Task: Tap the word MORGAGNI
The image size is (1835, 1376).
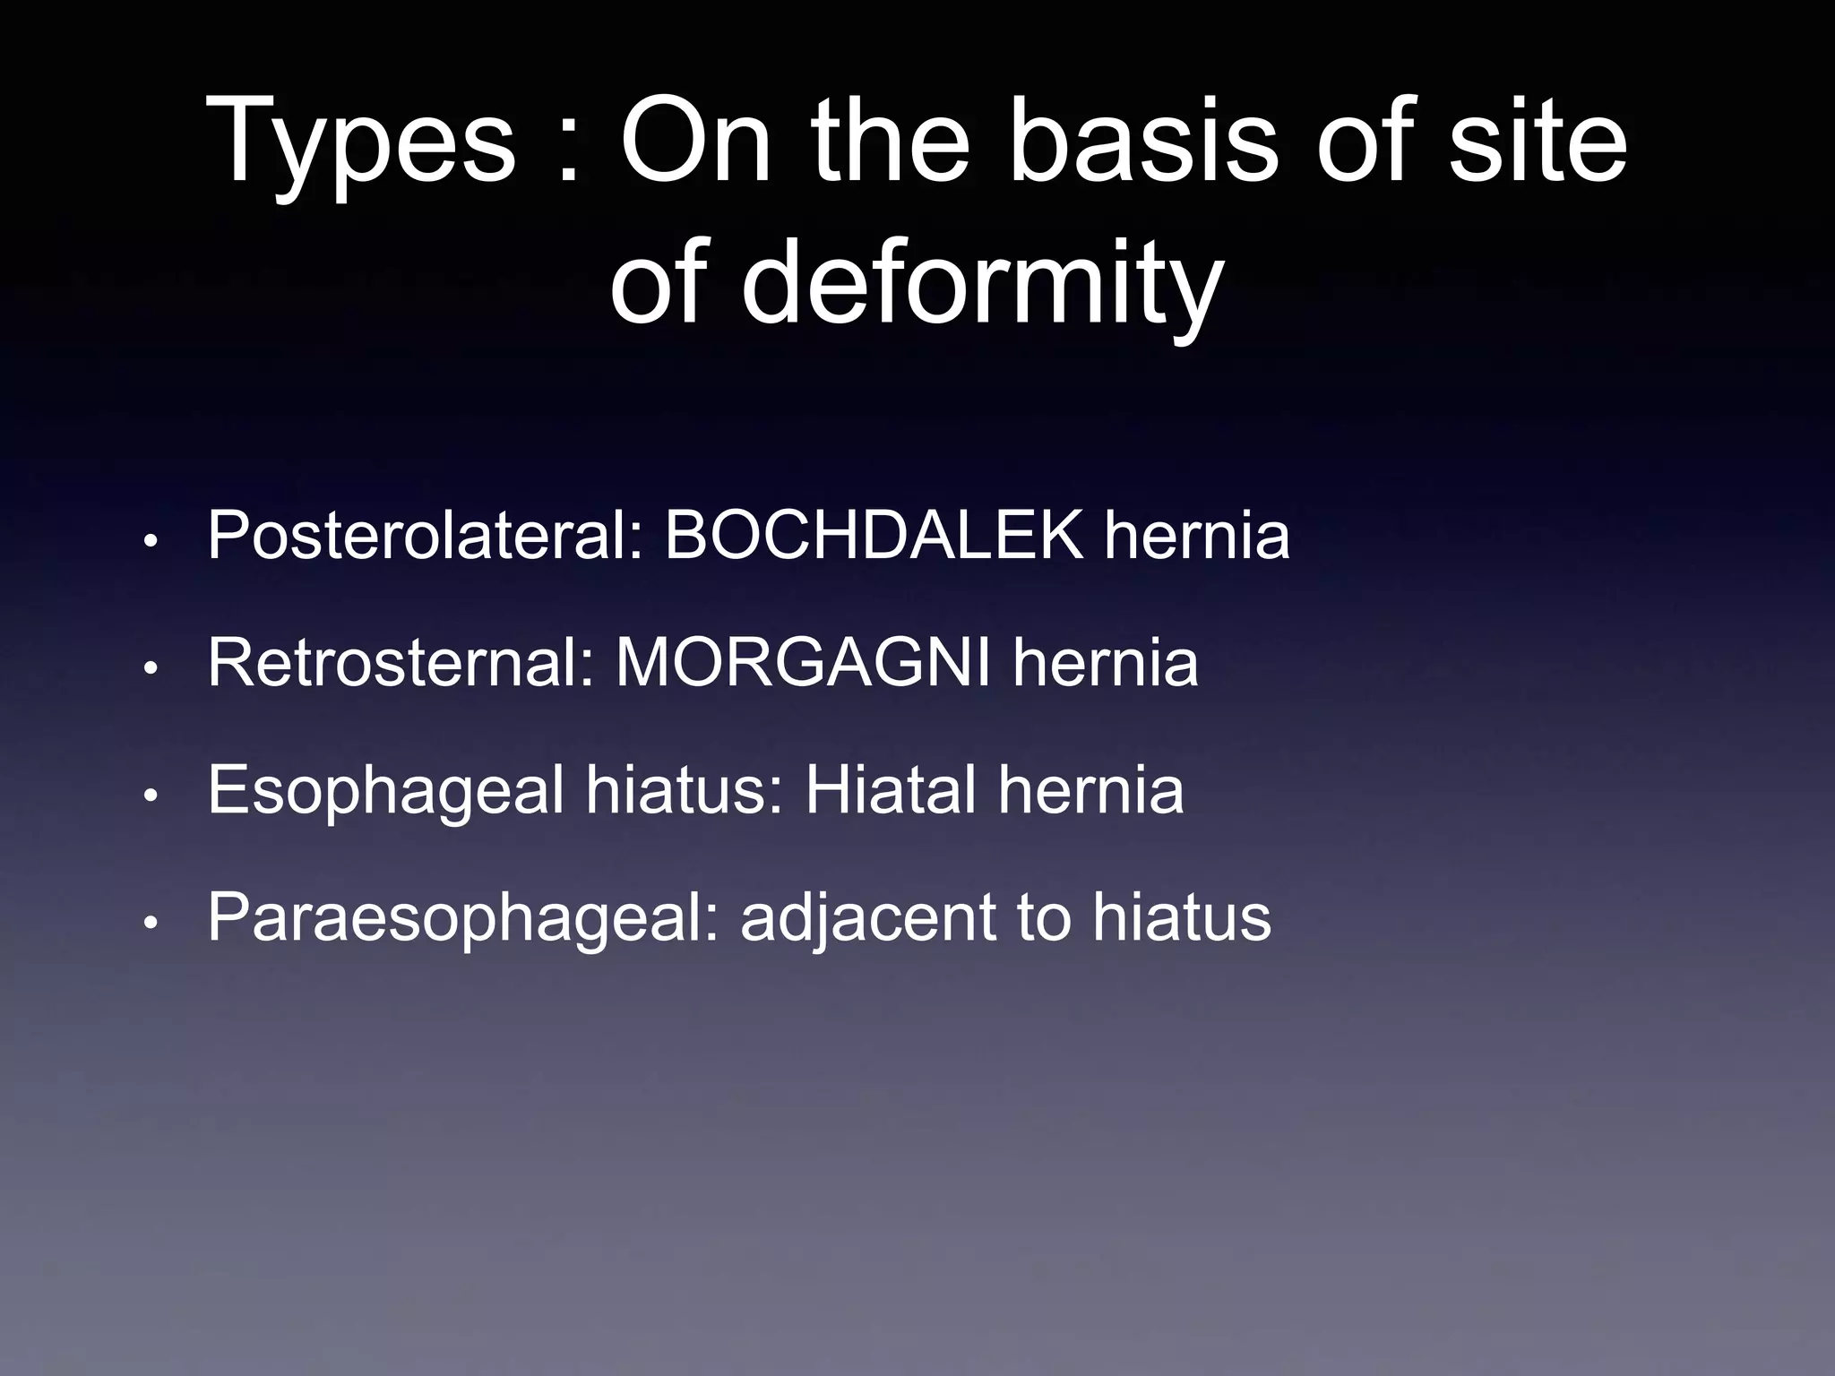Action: [803, 664]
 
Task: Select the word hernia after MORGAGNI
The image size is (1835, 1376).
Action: [1106, 664]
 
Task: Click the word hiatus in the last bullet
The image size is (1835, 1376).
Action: [1182, 917]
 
